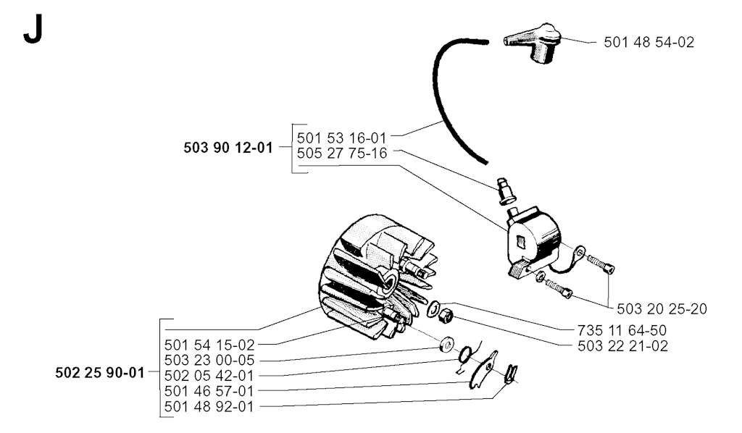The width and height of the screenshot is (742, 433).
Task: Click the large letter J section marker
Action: (x=33, y=29)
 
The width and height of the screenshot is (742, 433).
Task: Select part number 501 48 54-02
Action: (x=649, y=42)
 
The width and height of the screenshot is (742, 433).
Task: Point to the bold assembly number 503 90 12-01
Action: (x=228, y=148)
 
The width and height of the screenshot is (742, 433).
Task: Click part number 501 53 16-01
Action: (x=342, y=138)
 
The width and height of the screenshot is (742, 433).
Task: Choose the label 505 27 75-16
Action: (x=342, y=154)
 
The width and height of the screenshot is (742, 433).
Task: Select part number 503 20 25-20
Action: (x=662, y=309)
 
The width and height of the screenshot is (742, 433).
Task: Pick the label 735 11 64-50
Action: (x=622, y=330)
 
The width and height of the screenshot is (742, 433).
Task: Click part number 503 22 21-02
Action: (x=622, y=346)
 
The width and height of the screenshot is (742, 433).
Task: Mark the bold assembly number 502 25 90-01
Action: (x=100, y=373)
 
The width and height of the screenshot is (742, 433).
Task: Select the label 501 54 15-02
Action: (x=209, y=345)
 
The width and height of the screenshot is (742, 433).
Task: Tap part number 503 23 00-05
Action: (x=209, y=360)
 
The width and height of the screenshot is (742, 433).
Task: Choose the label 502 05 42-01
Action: (x=209, y=376)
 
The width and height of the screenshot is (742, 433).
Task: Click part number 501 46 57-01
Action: (x=209, y=391)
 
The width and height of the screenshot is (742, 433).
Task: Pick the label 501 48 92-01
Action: (x=209, y=406)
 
